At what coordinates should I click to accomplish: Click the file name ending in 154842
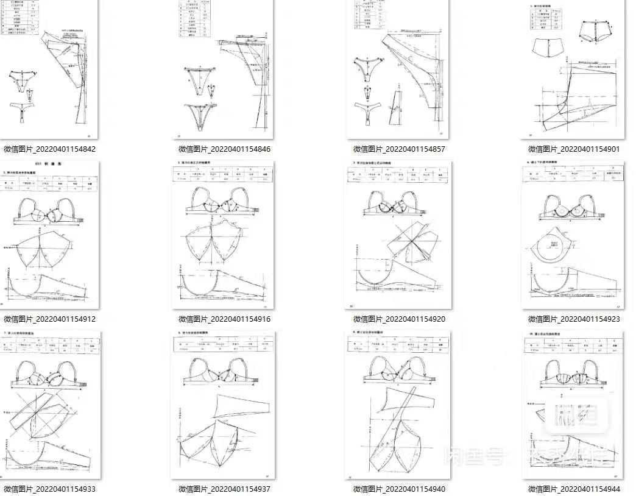coord(49,149)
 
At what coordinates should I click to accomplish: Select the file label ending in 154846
coord(224,149)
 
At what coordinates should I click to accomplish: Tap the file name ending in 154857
coord(399,149)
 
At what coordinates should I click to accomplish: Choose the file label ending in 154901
coord(574,149)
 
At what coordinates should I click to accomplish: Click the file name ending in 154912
coord(49,319)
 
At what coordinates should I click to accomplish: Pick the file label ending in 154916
coord(224,319)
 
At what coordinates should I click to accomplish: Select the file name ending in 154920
coord(399,319)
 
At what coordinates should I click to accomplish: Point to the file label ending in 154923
coord(574,319)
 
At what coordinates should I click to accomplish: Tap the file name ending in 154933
coord(49,489)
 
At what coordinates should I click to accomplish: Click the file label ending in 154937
coord(224,489)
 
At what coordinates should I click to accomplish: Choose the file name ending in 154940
coord(399,489)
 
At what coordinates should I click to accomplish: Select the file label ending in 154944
coord(574,489)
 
